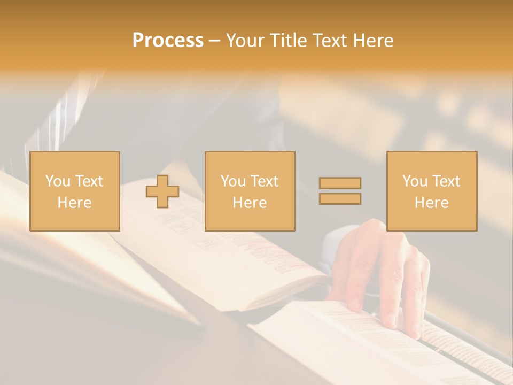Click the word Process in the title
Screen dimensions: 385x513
168,41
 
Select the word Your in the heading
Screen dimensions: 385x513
245,41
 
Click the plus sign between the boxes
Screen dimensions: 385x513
162,191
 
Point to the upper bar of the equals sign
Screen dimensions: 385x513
340,183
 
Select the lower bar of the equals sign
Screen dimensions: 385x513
340,198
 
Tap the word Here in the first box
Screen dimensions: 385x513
75,203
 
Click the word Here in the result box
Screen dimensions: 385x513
432,203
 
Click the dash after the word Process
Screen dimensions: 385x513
214,41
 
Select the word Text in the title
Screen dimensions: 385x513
327,41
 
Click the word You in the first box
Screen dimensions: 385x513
58,181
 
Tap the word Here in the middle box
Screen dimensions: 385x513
250,203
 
